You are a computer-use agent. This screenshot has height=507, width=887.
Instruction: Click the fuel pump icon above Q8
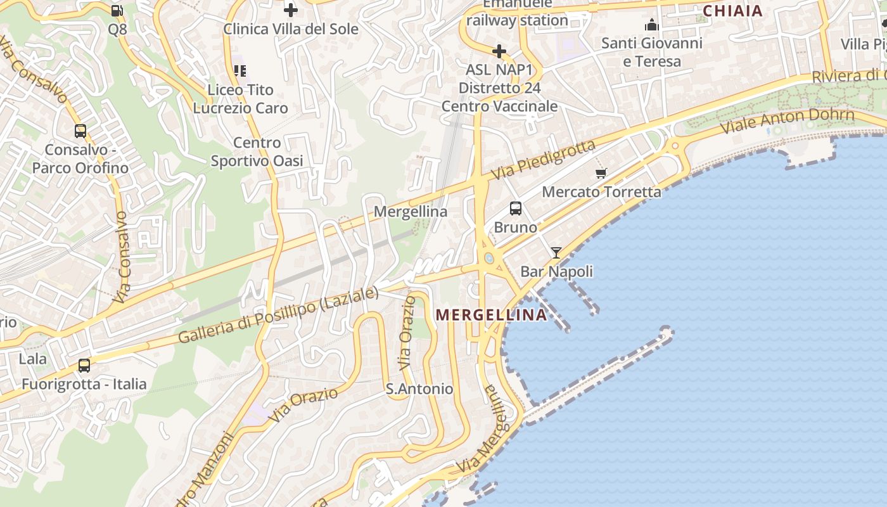point(117,10)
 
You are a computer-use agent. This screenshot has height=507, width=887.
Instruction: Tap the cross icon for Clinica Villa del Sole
point(290,10)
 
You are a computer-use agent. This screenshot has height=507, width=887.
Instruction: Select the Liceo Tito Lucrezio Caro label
point(240,99)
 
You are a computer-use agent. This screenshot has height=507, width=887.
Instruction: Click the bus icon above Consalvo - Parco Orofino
point(80,131)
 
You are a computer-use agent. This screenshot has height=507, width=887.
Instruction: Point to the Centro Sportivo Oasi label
point(257,152)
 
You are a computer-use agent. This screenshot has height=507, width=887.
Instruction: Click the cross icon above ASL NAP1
point(499,51)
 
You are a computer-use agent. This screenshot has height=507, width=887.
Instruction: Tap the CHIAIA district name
point(732,11)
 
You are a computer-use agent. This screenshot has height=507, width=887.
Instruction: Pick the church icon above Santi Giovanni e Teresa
point(651,25)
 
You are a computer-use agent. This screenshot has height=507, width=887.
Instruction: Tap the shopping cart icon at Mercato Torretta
point(601,173)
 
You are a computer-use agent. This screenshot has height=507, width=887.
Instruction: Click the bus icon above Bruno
point(516,208)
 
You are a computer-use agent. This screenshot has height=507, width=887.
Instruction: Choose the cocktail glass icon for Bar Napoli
point(556,253)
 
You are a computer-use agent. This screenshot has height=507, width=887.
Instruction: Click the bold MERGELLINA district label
point(491,315)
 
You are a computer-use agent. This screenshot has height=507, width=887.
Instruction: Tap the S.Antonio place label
point(419,388)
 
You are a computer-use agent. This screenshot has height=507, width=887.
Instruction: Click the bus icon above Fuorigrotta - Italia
point(84,366)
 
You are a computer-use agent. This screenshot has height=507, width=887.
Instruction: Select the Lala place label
point(32,359)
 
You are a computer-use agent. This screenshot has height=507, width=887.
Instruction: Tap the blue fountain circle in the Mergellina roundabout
point(488,259)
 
